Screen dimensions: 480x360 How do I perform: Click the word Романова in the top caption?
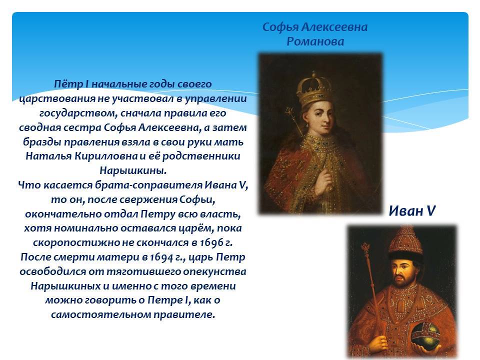(x=315, y=41)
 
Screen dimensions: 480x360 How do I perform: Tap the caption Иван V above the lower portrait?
(x=412, y=211)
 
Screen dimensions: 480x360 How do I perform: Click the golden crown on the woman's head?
(x=314, y=89)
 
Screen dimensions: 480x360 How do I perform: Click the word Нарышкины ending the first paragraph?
(x=133, y=170)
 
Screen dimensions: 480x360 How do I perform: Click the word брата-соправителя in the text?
(x=148, y=185)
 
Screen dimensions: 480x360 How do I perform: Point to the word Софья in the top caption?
(x=280, y=27)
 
